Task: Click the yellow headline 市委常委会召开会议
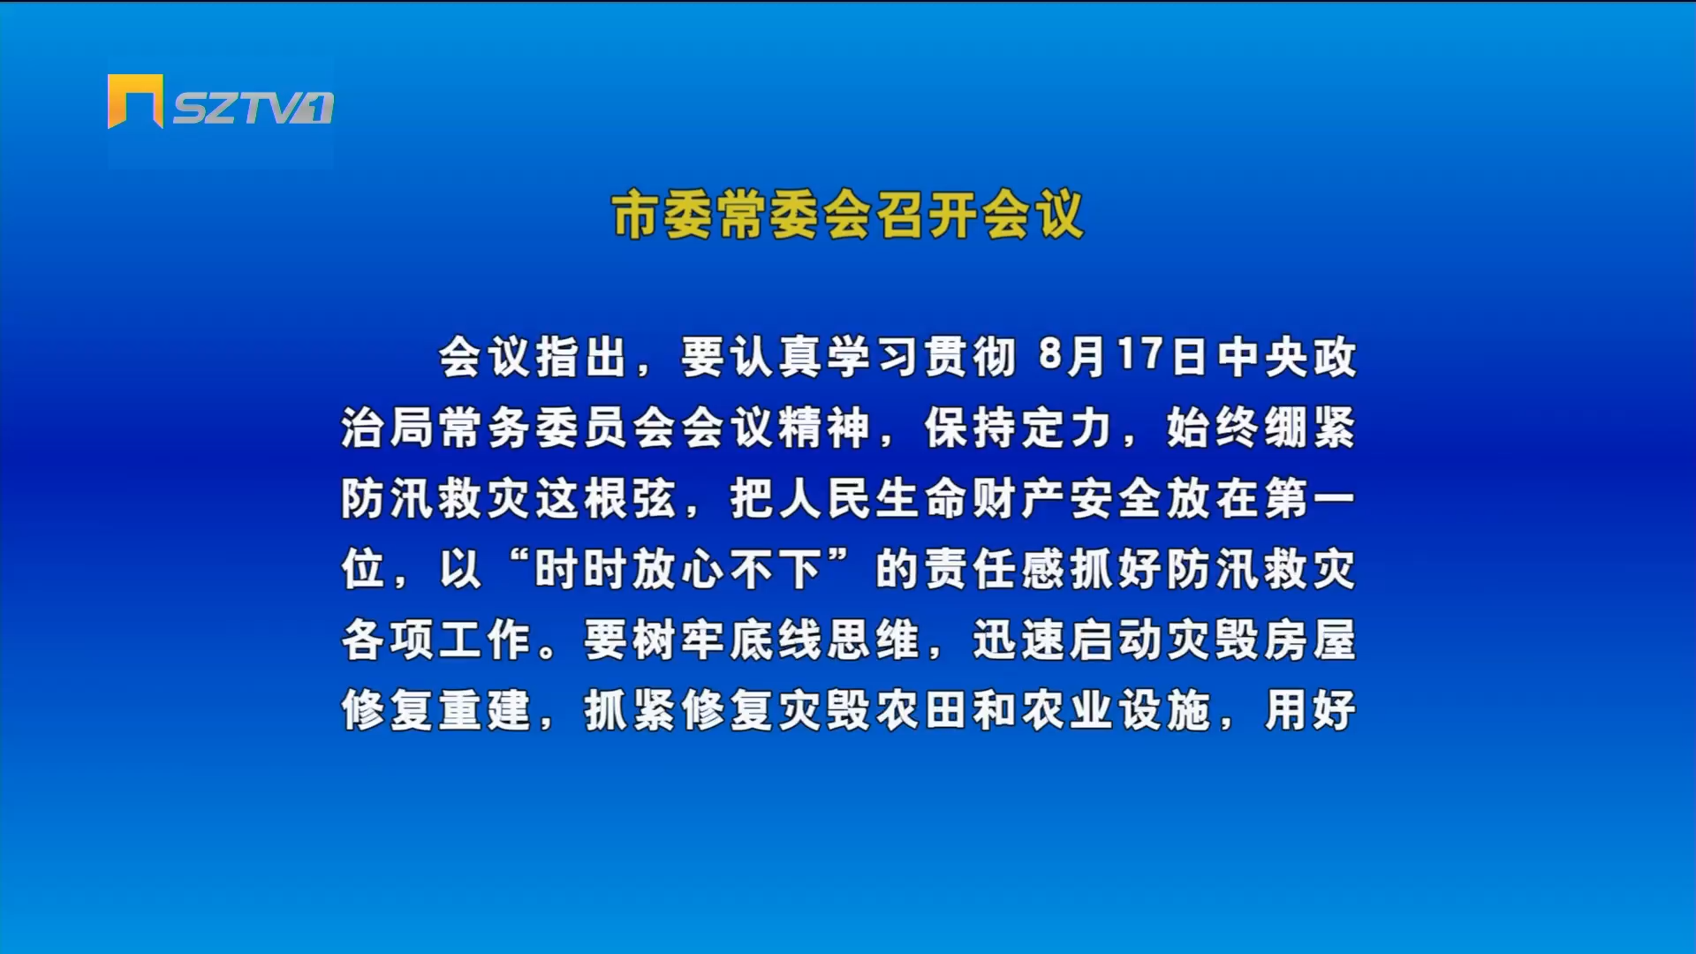[847, 215]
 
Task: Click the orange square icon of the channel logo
[135, 101]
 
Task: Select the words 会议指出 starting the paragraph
[533, 358]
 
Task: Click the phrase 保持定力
[1018, 428]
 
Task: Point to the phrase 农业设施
[1115, 711]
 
